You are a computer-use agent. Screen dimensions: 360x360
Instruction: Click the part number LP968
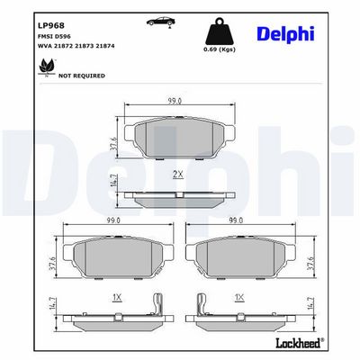click(x=51, y=25)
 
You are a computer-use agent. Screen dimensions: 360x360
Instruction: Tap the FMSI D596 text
click(x=50, y=37)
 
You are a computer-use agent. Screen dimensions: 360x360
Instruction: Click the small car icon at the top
click(x=161, y=22)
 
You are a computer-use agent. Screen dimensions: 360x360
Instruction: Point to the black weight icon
click(x=220, y=31)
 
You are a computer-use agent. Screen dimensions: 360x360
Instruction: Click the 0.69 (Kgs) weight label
click(x=220, y=49)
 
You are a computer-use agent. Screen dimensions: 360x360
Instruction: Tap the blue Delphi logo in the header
click(x=285, y=34)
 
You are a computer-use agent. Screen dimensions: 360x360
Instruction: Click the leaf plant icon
click(x=46, y=67)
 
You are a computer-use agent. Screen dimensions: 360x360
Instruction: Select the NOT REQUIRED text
click(x=82, y=76)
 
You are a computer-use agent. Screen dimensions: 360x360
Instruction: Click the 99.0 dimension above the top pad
click(x=175, y=101)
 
